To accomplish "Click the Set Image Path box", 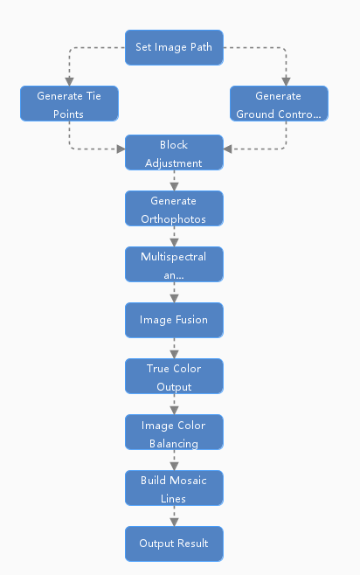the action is (x=174, y=48).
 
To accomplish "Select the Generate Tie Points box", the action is (x=69, y=104).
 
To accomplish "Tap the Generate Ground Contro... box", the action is (x=279, y=104).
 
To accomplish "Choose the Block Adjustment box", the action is (x=174, y=153).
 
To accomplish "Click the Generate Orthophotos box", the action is (x=174, y=208).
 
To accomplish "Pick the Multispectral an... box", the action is (x=174, y=265).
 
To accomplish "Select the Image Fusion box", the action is (x=174, y=320).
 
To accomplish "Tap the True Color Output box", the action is (x=174, y=377).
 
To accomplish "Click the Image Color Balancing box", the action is (x=174, y=432).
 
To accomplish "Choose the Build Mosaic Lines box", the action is (x=174, y=488).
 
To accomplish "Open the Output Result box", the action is (x=174, y=544).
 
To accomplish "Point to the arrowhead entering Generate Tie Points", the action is (x=69, y=81).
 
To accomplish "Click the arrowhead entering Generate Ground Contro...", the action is (x=286, y=81).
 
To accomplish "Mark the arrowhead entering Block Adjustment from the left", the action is (x=121, y=149).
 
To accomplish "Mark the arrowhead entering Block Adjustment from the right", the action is (x=227, y=149).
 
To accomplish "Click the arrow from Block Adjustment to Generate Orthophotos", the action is (x=174, y=180).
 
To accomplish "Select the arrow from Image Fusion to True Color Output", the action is (x=174, y=348).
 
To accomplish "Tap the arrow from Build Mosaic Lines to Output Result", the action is (x=174, y=516).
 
